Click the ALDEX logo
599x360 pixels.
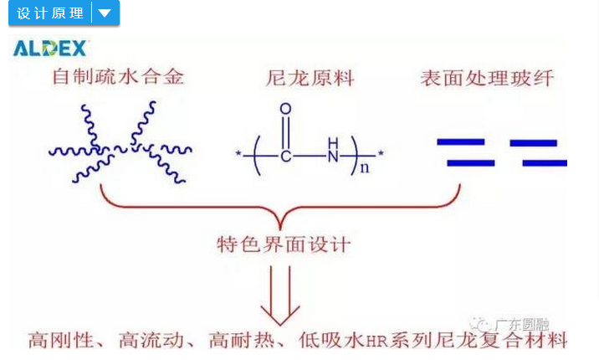50,48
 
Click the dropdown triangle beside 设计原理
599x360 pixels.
105,13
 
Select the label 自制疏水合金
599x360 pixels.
118,78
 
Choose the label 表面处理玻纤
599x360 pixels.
487,79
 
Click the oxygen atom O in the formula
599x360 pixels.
285,109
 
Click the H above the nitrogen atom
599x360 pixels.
334,139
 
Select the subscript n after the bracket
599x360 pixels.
365,167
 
